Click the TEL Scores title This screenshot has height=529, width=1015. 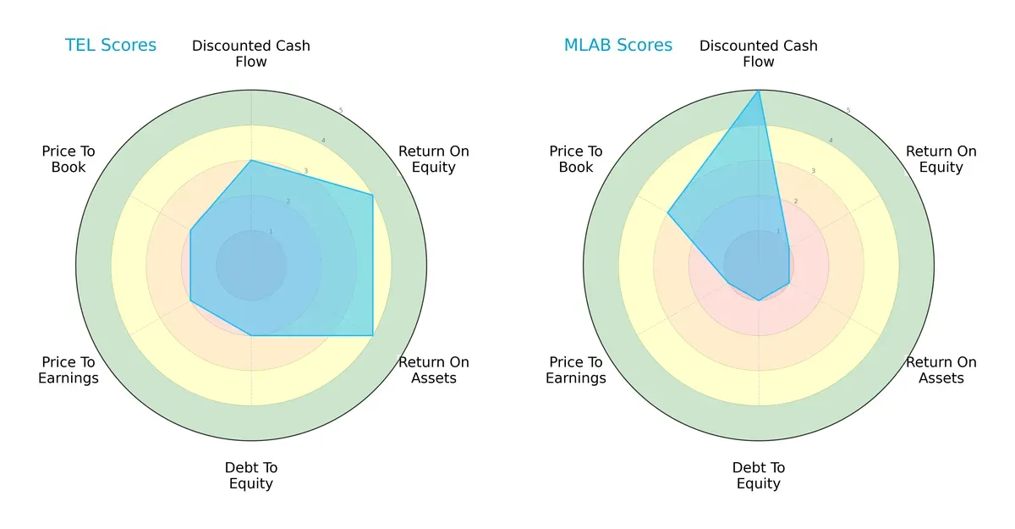coord(111,46)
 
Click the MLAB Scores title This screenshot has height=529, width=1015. coord(618,46)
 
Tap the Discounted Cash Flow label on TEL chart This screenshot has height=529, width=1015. coord(251,53)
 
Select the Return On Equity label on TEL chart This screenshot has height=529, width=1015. coord(434,159)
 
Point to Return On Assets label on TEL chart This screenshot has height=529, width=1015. coord(434,370)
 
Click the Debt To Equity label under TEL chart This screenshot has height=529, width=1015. coord(251,476)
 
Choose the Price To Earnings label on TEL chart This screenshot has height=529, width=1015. coord(69,370)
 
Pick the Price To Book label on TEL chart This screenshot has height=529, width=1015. coord(69,159)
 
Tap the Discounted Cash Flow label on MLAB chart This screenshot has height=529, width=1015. coord(759,53)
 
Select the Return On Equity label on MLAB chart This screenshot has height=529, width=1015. coord(941,159)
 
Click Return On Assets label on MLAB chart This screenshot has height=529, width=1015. coord(941,370)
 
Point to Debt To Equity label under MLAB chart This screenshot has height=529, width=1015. coord(759,476)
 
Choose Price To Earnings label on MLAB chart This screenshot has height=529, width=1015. coord(576,370)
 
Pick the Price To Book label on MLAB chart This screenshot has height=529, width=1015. coord(576,159)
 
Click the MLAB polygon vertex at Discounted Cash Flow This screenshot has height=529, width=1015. coord(759,91)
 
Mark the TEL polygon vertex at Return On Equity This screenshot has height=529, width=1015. coord(373,195)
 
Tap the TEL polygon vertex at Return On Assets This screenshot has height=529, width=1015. coord(373,336)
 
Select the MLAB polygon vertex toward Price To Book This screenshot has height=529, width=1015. coord(667,212)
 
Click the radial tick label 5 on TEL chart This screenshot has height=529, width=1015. coord(341,111)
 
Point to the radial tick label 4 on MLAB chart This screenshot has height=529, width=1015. coord(830,141)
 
